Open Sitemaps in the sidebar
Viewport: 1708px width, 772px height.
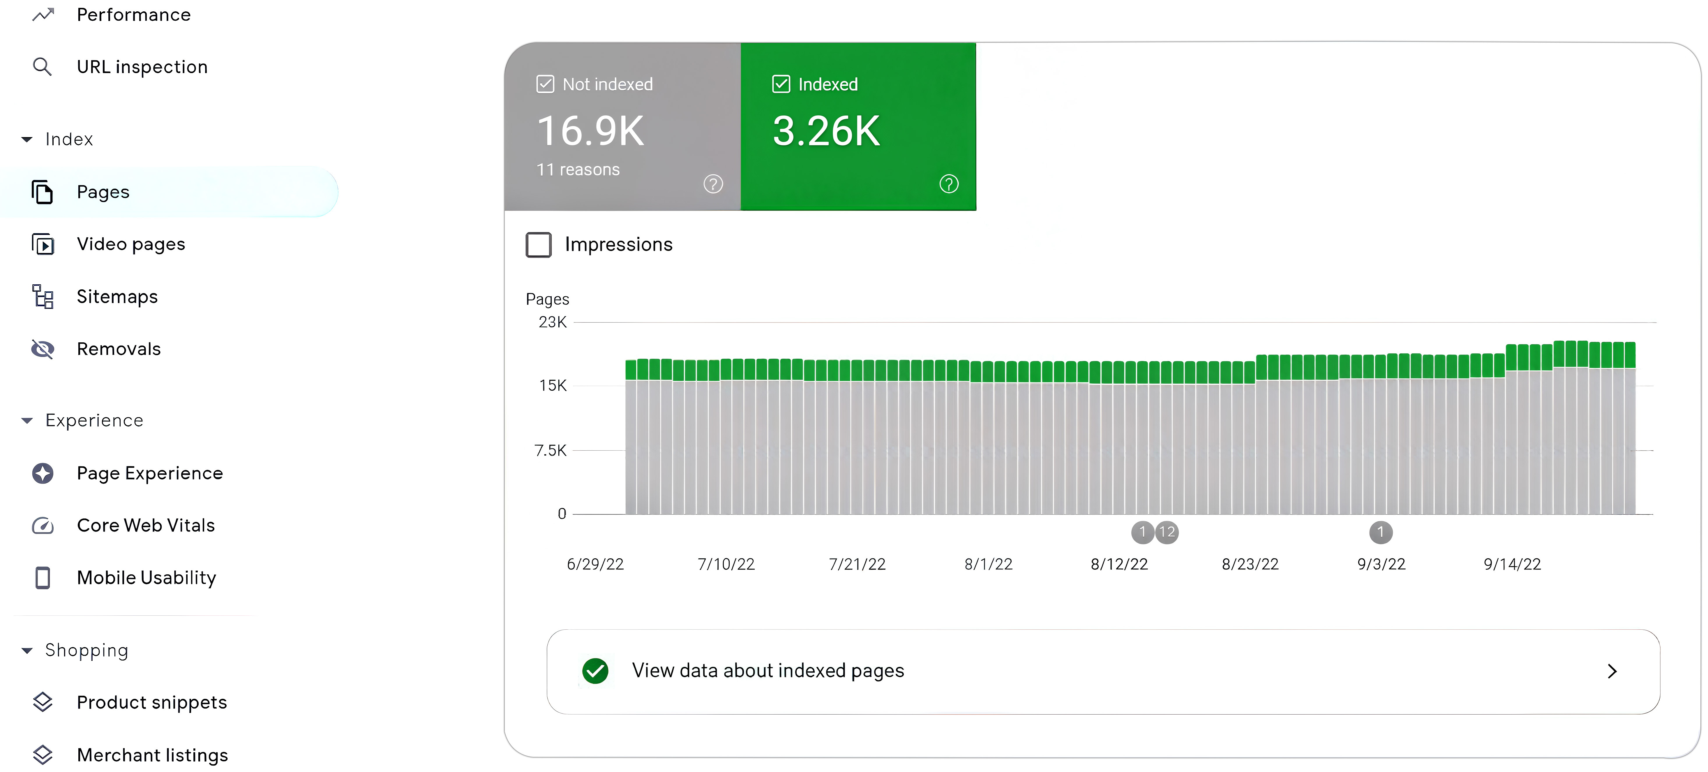[117, 297]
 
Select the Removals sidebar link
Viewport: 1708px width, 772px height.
[118, 349]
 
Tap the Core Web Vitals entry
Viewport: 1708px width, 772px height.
[145, 525]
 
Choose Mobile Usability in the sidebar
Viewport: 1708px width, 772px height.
[146, 578]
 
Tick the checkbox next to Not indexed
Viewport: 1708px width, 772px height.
[545, 84]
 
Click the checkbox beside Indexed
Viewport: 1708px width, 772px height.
[781, 84]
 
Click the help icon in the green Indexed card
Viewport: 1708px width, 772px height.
[949, 184]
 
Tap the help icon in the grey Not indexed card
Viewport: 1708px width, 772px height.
[713, 184]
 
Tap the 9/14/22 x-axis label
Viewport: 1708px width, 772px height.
[1512, 564]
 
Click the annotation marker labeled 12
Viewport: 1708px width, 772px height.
[1167, 532]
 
